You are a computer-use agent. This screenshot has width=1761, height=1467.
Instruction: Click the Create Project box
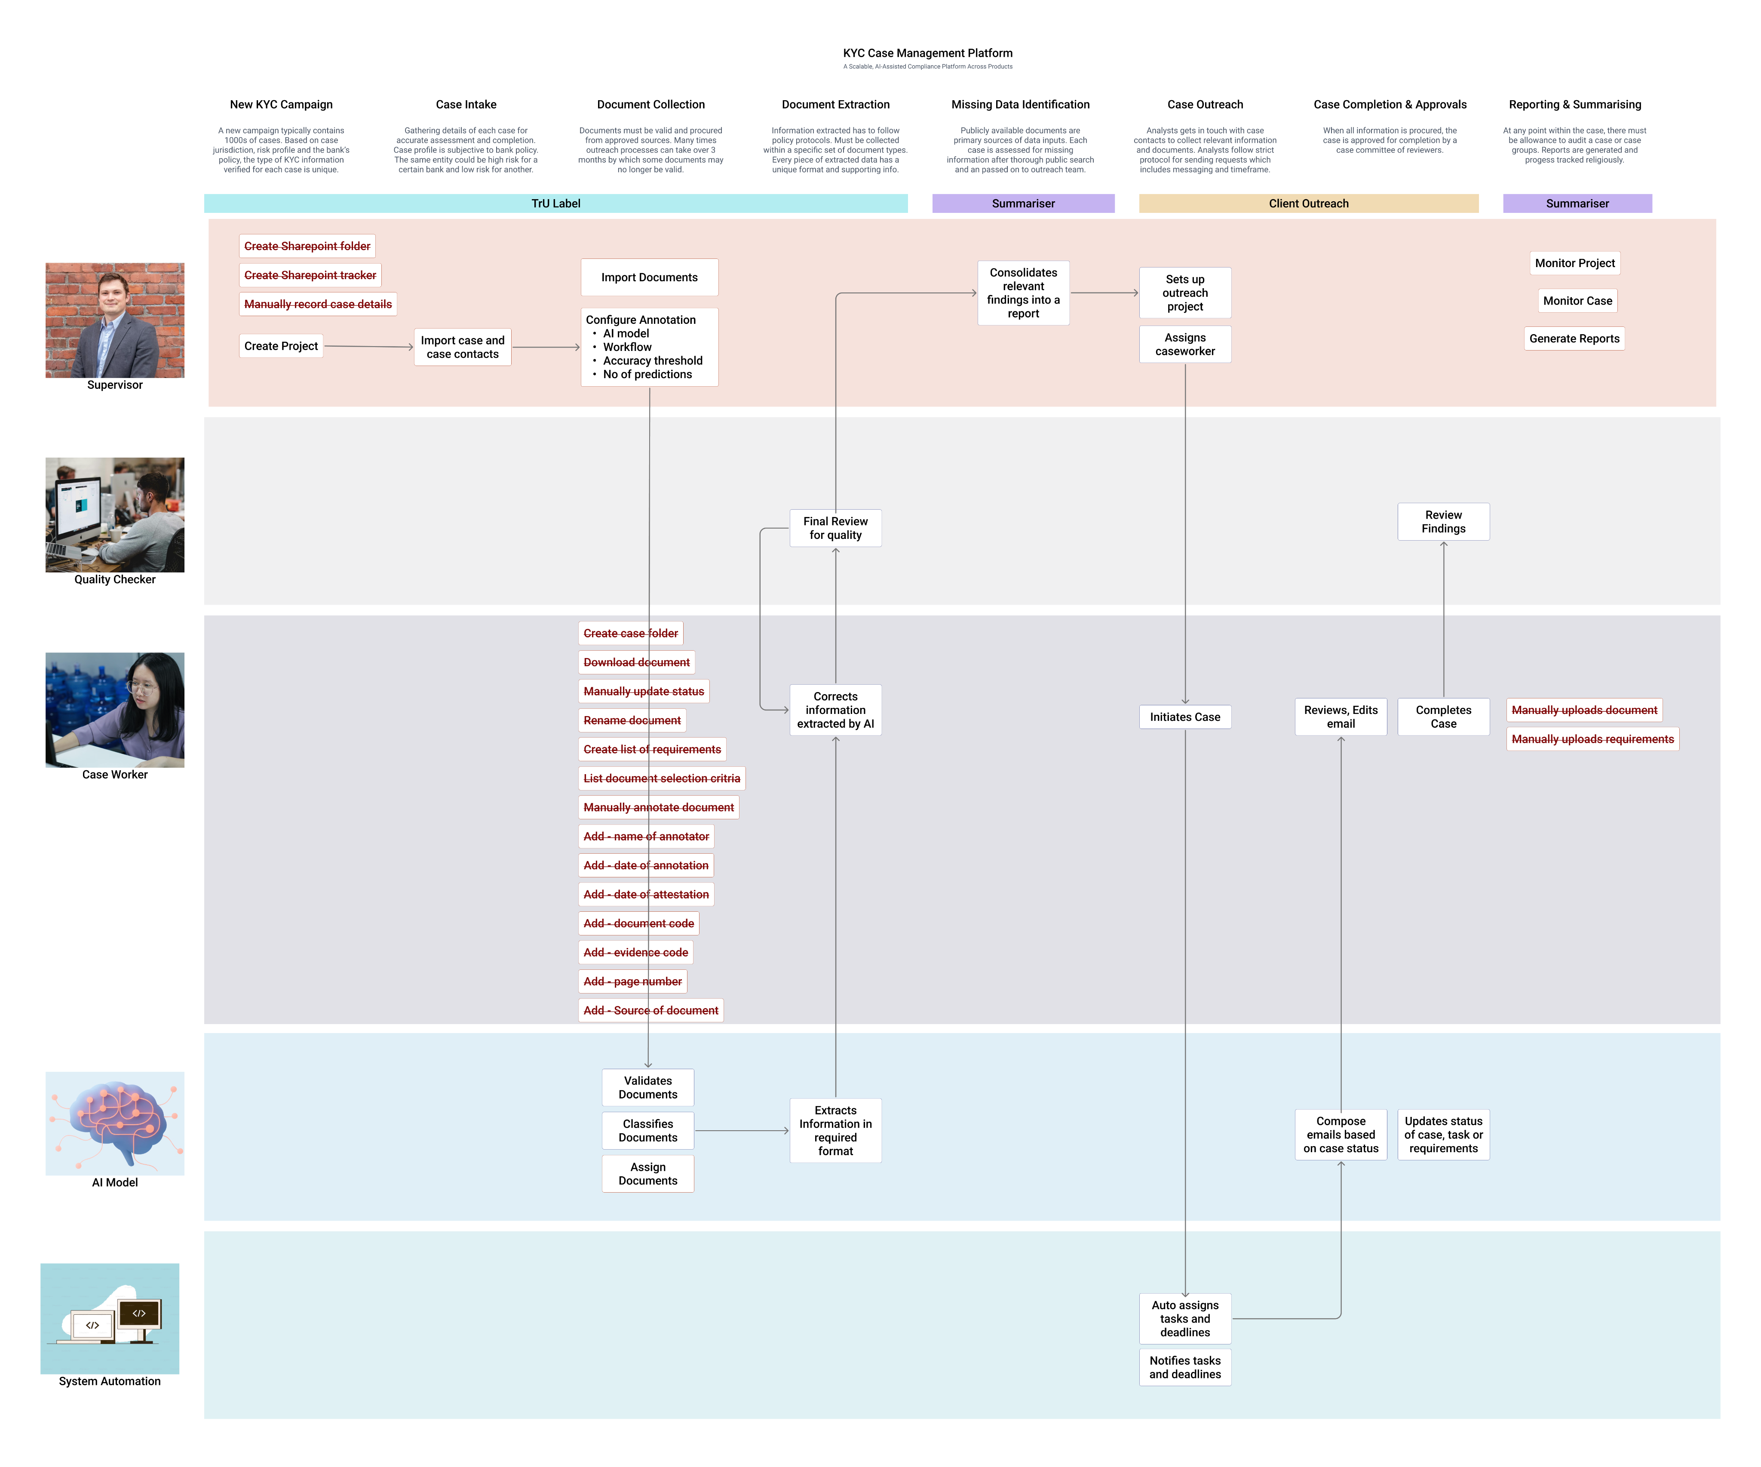point(281,346)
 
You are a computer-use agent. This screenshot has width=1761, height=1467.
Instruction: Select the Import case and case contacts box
point(462,347)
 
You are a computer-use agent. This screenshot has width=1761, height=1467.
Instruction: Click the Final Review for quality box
point(835,528)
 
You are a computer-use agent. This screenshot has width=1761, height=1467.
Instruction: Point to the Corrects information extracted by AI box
point(835,710)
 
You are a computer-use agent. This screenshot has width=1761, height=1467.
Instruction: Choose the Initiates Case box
point(1184,717)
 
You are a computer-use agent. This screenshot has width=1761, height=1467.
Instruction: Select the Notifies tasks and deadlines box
point(1184,1366)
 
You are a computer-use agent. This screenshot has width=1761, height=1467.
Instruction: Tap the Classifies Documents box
point(647,1130)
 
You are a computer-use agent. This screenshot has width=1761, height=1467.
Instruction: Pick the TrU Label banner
point(555,203)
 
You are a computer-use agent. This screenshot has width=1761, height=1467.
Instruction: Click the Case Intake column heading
point(466,104)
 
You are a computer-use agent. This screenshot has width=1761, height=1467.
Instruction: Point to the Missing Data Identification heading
point(1020,104)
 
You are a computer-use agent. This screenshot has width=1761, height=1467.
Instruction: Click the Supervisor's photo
point(115,320)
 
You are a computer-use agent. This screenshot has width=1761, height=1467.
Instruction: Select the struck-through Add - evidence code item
point(635,952)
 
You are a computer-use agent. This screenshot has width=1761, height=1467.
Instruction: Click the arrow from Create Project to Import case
point(369,346)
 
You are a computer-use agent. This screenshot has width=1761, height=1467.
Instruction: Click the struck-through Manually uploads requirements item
point(1592,739)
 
